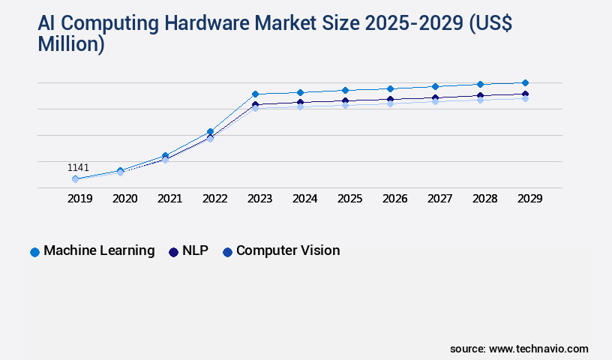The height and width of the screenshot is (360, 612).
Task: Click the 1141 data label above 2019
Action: [78, 167]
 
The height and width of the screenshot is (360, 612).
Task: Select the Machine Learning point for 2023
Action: [255, 94]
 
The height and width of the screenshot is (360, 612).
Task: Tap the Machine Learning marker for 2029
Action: [525, 82]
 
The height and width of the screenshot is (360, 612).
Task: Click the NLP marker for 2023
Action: [255, 104]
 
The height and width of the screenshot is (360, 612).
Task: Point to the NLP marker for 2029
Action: [525, 94]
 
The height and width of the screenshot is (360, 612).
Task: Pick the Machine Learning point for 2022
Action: [210, 131]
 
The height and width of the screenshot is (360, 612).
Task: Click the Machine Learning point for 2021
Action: [165, 155]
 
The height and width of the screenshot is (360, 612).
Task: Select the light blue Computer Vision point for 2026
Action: [390, 103]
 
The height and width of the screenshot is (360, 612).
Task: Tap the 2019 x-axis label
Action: [79, 199]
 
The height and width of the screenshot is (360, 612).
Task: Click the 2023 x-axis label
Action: [259, 199]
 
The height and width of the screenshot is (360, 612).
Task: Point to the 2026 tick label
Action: [394, 199]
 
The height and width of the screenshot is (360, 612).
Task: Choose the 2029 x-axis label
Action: [529, 199]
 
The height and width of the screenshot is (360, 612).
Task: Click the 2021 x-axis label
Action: [169, 199]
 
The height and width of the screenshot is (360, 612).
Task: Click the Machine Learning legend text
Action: [99, 251]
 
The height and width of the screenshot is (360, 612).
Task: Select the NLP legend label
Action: [195, 251]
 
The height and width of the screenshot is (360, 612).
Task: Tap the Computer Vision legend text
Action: [288, 251]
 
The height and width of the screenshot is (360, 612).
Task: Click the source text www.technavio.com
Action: [538, 349]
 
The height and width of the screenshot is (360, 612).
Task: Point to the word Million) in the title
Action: [71, 44]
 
